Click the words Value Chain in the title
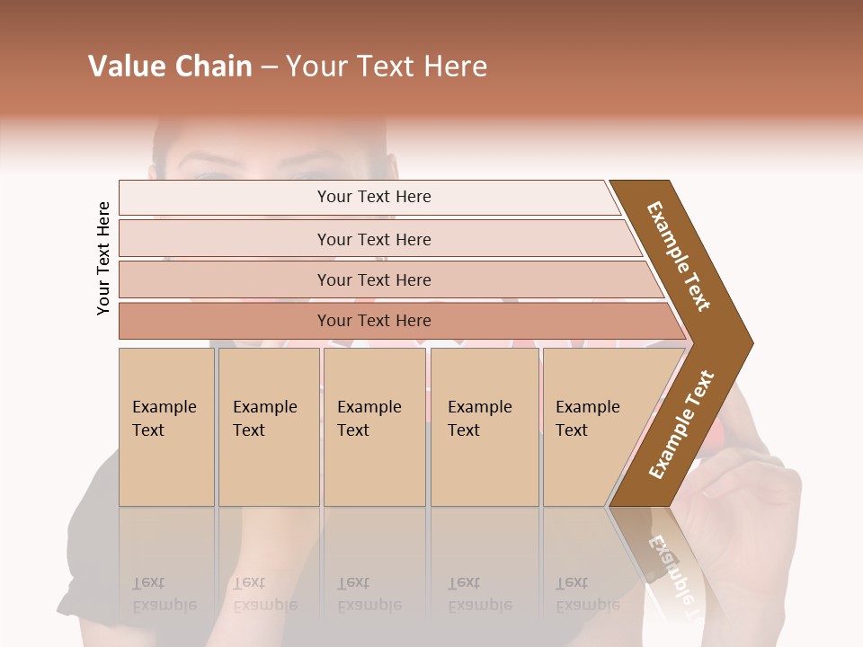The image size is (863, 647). click(x=170, y=66)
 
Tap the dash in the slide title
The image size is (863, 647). click(x=269, y=66)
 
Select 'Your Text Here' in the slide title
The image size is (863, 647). click(x=387, y=66)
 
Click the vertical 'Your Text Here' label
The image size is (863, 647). click(x=103, y=258)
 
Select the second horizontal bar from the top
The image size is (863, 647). click(x=373, y=239)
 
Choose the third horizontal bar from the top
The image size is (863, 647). click(x=373, y=279)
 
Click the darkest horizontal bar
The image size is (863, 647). click(x=373, y=321)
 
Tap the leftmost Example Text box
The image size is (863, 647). click(x=166, y=427)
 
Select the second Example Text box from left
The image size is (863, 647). click(x=269, y=427)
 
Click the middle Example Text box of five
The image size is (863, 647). click(x=374, y=427)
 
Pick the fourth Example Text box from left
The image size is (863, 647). click(x=485, y=427)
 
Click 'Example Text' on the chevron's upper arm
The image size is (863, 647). click(x=680, y=255)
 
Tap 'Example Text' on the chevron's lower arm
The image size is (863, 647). click(x=681, y=424)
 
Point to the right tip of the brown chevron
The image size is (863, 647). click(x=751, y=342)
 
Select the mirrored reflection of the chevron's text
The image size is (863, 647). click(x=672, y=567)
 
